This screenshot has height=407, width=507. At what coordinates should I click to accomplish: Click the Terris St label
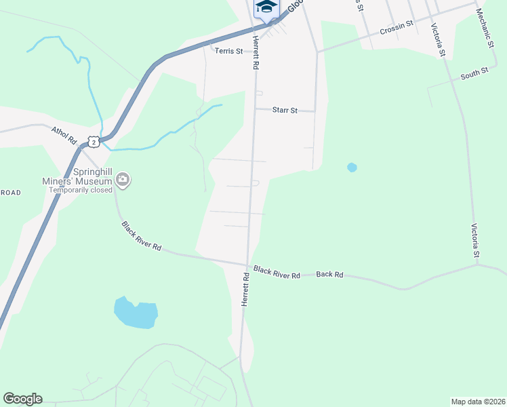point(228,51)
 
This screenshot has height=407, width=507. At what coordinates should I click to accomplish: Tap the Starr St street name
point(285,109)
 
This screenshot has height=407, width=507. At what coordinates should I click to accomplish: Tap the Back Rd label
point(329,275)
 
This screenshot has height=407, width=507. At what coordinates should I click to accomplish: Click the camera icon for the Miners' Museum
point(123,180)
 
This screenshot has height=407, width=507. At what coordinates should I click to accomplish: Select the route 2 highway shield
point(94,141)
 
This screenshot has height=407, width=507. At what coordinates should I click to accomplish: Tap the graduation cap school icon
point(266,7)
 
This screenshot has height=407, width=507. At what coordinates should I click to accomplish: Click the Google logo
point(22,399)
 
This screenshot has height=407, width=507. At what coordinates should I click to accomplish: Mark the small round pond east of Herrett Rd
point(352,167)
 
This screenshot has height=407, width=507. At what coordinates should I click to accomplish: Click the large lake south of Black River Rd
point(136,313)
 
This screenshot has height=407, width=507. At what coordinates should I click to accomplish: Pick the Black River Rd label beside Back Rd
point(277,273)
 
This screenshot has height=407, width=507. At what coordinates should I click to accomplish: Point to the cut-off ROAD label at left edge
point(11,193)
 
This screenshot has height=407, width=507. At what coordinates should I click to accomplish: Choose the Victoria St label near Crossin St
point(437,40)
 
